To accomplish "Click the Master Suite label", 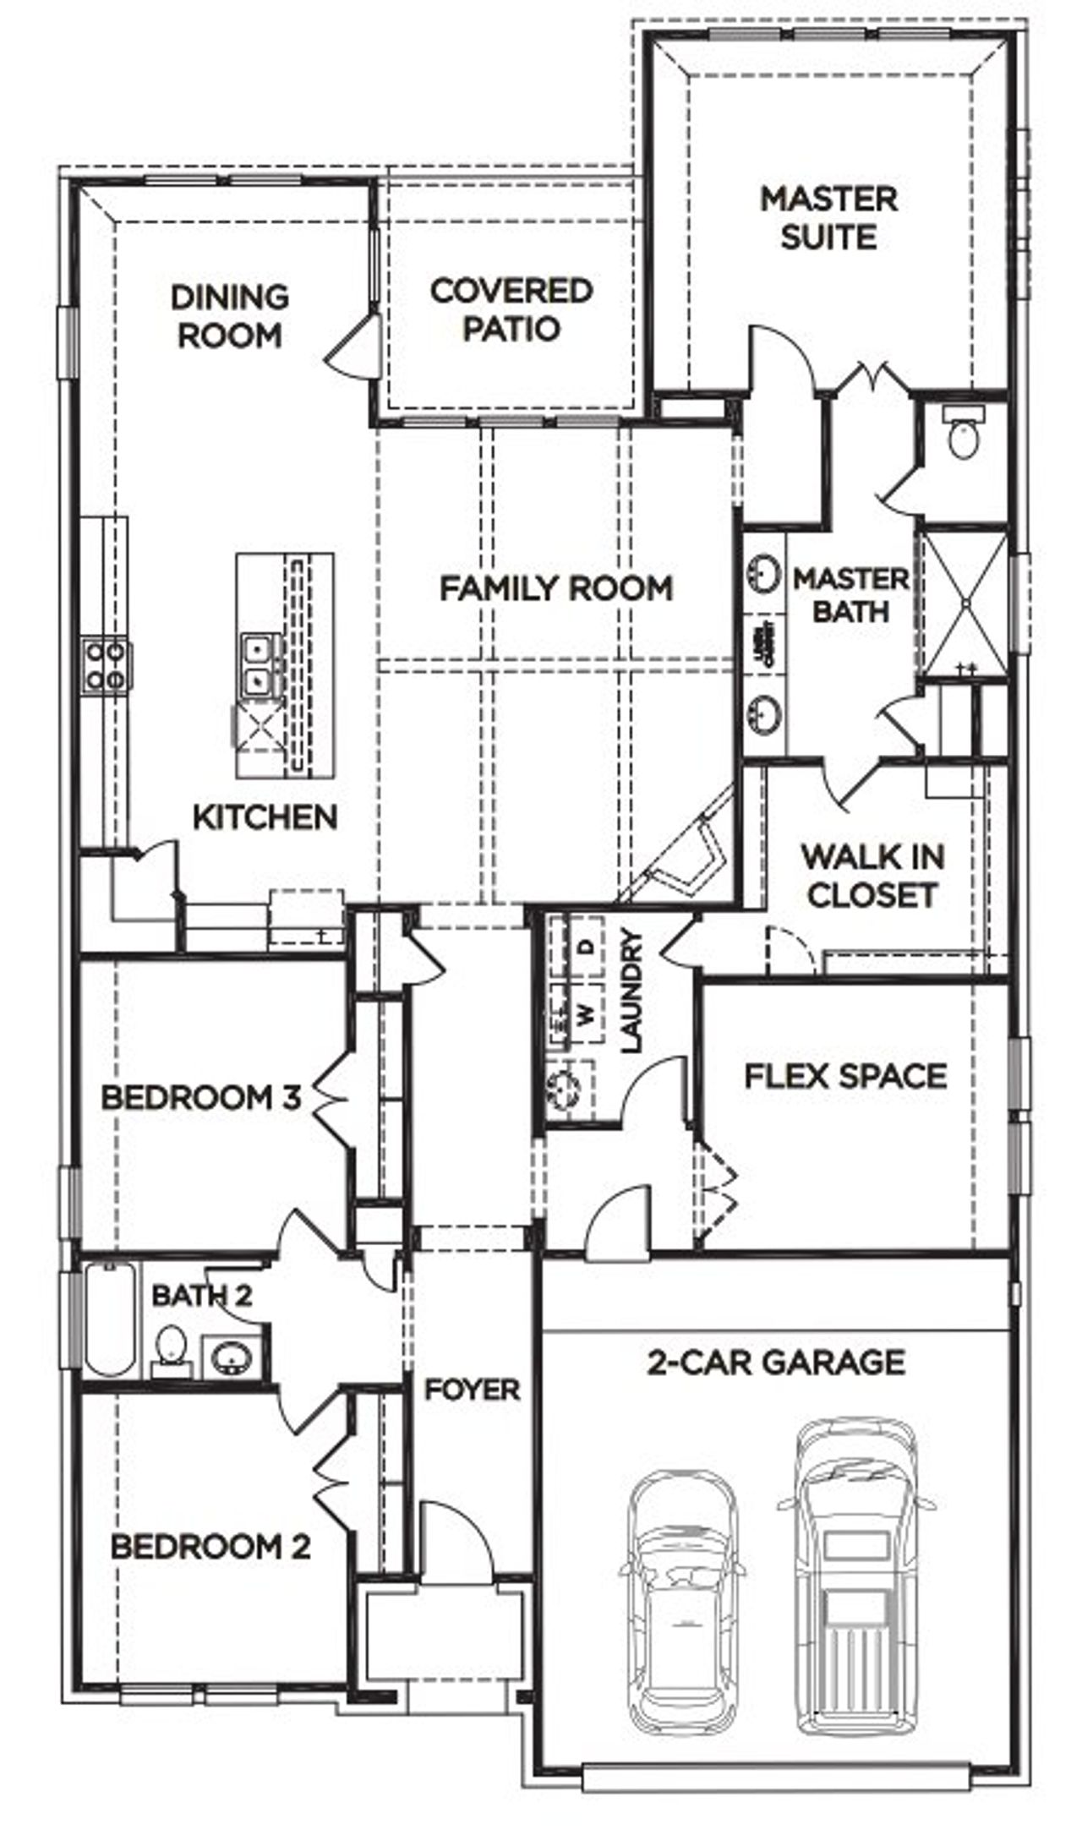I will [x=828, y=218].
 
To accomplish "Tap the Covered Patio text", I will [x=511, y=309].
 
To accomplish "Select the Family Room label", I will [x=556, y=588].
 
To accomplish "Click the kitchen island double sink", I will [x=254, y=665].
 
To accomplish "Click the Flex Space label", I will [x=845, y=1076].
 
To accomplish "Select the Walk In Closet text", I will [x=872, y=876].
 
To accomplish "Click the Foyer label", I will [x=472, y=1389].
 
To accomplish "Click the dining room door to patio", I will [x=351, y=347].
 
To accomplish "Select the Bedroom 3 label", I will [x=200, y=1098].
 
